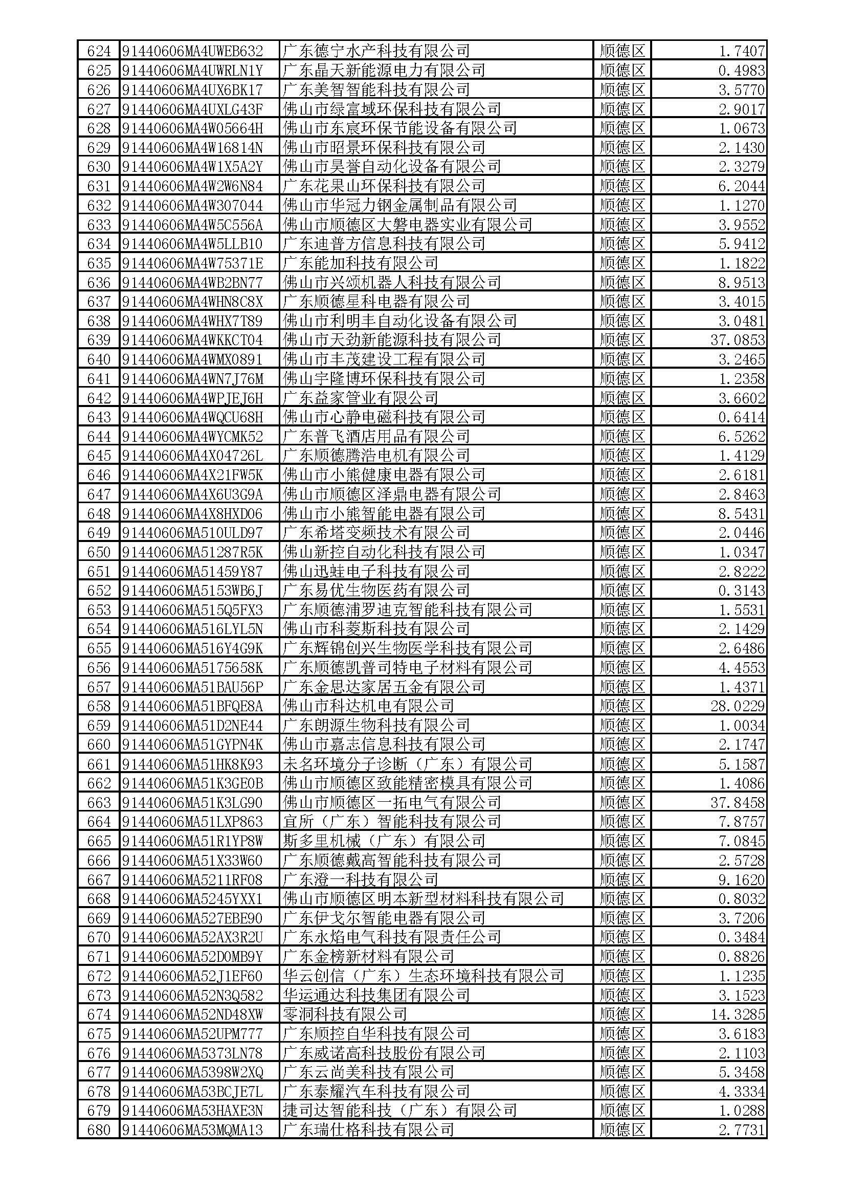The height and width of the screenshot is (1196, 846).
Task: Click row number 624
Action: pyautogui.click(x=99, y=51)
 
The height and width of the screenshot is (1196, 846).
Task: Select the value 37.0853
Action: pyautogui.click(x=738, y=340)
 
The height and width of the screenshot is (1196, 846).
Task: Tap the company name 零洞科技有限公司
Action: pyautogui.click(x=345, y=1014)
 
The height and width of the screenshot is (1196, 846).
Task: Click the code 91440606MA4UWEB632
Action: pyautogui.click(x=193, y=51)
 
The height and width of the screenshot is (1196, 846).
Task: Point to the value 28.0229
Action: pyautogui.click(x=738, y=706)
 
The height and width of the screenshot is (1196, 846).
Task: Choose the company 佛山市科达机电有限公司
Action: pyautogui.click(x=368, y=706)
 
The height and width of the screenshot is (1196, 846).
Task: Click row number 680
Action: pyautogui.click(x=99, y=1130)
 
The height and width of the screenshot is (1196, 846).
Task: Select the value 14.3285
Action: pyautogui.click(x=738, y=1014)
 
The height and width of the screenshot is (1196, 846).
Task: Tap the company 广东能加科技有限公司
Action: pyautogui.click(x=361, y=263)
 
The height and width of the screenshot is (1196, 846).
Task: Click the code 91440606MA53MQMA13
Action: pyautogui.click(x=193, y=1130)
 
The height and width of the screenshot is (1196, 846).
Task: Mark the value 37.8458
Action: pyautogui.click(x=738, y=803)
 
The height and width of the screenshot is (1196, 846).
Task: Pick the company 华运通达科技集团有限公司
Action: pyautogui.click(x=376, y=995)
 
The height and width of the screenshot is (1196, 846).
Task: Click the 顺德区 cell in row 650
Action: pyautogui.click(x=622, y=552)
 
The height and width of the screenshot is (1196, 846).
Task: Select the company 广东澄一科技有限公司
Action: pyautogui.click(x=361, y=880)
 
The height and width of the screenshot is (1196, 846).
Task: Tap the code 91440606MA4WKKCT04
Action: pyautogui.click(x=193, y=340)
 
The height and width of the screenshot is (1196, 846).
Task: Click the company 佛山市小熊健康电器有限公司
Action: pyautogui.click(x=384, y=475)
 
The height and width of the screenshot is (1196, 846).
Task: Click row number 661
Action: pyautogui.click(x=99, y=764)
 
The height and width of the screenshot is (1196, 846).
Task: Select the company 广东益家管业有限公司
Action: pyautogui.click(x=361, y=398)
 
